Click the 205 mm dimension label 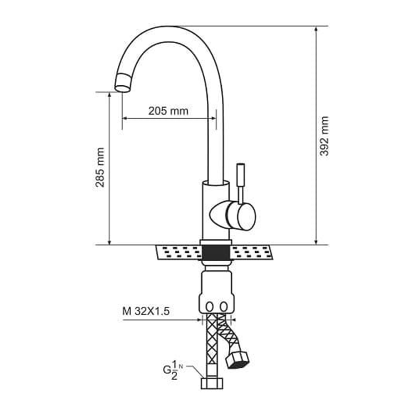pos(168,111)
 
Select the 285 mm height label pos(100,167)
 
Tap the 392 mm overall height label pos(324,136)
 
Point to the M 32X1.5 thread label pos(146,311)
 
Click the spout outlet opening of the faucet pos(122,88)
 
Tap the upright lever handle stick pos(240,183)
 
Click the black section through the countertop pos(215,253)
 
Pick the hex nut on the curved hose pos(237,359)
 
